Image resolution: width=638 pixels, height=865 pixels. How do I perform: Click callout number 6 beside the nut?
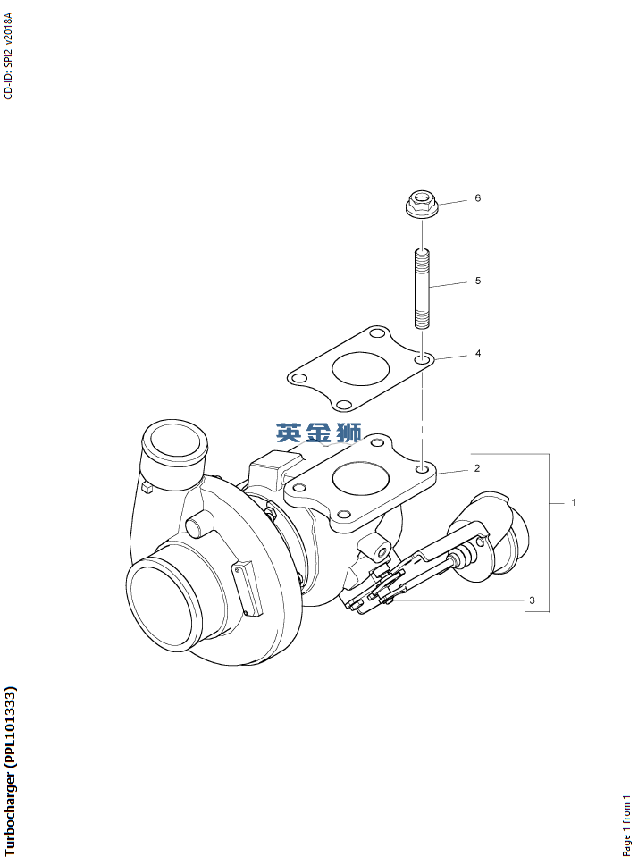click(477, 198)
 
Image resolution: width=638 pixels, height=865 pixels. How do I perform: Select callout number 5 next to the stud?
click(477, 281)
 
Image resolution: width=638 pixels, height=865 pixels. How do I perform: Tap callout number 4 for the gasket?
click(477, 353)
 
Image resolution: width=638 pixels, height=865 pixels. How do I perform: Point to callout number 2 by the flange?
click(477, 468)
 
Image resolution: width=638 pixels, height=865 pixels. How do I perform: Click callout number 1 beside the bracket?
click(574, 502)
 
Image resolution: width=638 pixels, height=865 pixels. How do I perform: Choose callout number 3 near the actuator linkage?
click(532, 600)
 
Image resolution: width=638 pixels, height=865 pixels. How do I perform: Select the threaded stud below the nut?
click(422, 290)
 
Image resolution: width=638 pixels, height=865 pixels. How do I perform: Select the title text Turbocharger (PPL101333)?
click(10, 770)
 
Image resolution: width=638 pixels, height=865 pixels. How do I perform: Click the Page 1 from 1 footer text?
click(625, 826)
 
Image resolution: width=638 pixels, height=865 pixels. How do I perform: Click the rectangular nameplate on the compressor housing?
click(248, 588)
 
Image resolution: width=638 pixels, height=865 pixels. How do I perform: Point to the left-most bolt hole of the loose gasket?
click(298, 379)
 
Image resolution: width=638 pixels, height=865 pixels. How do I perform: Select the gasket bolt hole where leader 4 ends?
click(423, 360)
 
